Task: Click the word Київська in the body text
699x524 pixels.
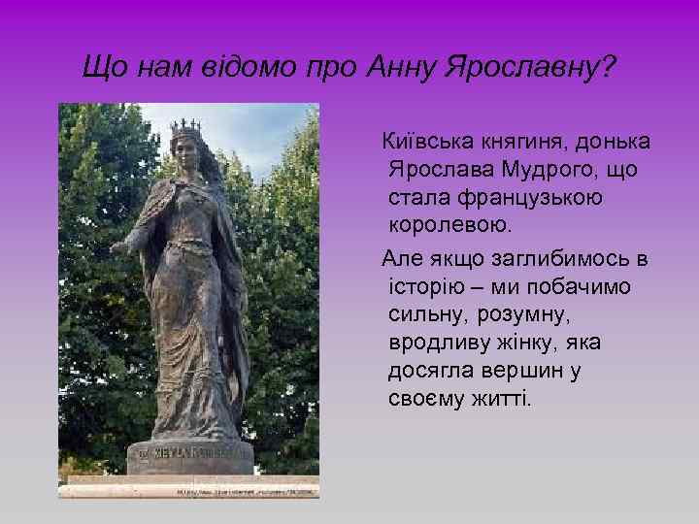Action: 426,143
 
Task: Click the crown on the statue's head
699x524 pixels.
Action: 183,126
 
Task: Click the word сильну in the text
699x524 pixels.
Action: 432,315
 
